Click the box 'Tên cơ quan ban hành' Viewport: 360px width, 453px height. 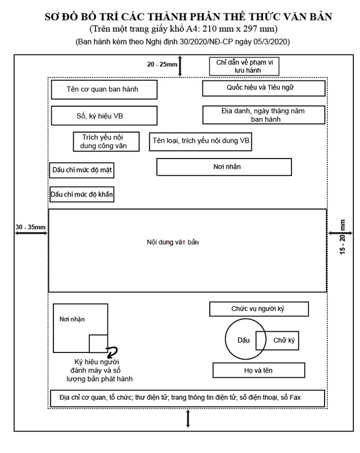[x=104, y=89]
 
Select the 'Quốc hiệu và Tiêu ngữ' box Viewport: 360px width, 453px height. [x=264, y=88]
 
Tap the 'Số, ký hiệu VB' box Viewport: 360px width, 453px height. [x=104, y=116]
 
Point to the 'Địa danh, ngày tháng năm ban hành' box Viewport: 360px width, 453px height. [x=264, y=115]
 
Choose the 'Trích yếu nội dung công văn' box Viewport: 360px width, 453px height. [x=106, y=142]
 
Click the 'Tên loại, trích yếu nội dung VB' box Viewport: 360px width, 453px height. [x=200, y=142]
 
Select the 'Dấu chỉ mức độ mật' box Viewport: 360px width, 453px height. [x=82, y=170]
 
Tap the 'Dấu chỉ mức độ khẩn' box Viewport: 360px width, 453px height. [x=82, y=194]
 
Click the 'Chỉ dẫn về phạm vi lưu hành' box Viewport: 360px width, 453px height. [x=244, y=66]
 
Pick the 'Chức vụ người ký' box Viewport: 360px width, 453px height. [x=259, y=309]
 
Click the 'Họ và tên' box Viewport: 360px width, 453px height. [x=259, y=370]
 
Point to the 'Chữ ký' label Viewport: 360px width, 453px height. [x=284, y=341]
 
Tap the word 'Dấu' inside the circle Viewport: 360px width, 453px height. [x=244, y=340]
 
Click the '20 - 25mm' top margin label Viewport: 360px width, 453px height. [x=162, y=64]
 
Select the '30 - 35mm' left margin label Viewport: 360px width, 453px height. [x=30, y=227]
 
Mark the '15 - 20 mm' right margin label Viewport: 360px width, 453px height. [x=343, y=237]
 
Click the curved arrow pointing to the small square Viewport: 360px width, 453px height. [x=112, y=351]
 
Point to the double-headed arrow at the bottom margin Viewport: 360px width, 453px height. [x=188, y=418]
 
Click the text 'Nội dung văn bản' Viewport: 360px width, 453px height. [x=173, y=242]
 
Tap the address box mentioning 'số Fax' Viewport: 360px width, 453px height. [x=187, y=398]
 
